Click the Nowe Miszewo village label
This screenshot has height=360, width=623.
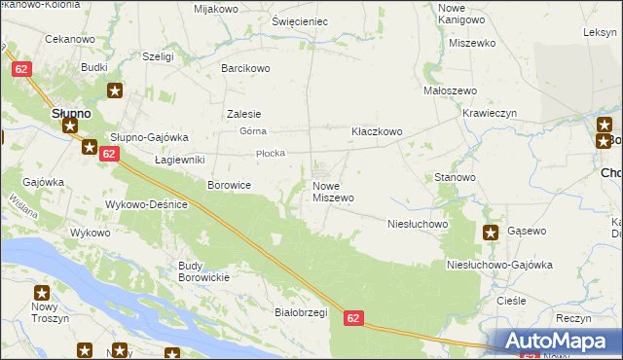333,192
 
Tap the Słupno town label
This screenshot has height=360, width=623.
71,114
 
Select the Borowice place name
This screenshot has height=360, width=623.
230,184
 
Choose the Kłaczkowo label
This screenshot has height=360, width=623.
377,131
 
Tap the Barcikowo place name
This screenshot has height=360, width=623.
245,69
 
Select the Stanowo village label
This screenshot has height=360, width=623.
455,178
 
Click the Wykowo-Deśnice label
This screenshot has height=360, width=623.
151,204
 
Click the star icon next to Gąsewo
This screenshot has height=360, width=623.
491,233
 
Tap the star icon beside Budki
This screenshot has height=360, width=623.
115,91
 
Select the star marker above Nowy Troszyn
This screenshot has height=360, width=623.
42,292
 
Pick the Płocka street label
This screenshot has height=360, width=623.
269,154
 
